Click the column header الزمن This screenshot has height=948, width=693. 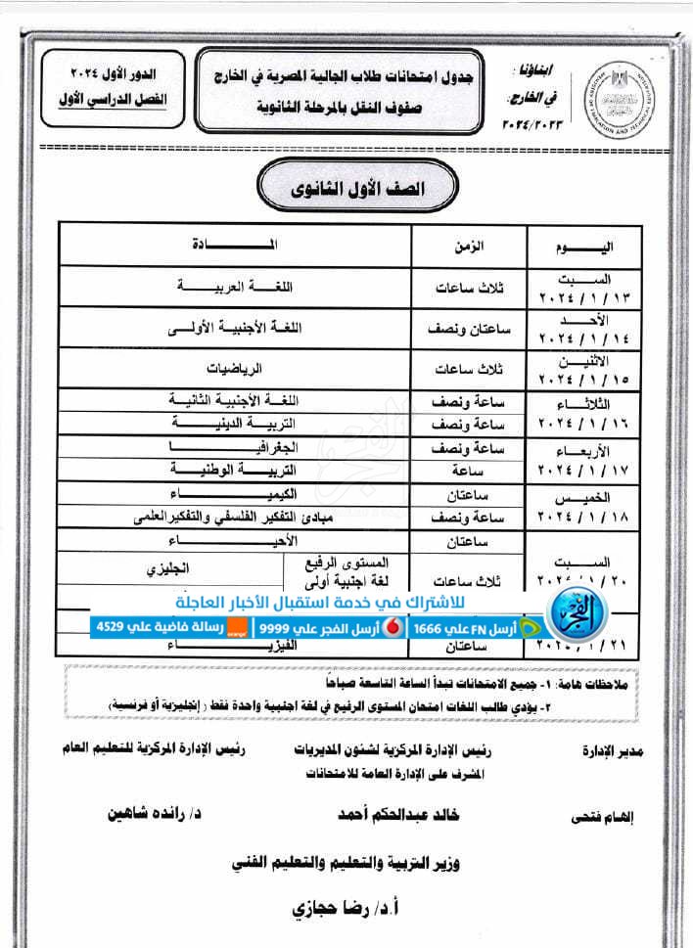click(471, 244)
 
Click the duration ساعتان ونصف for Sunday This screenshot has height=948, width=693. click(471, 330)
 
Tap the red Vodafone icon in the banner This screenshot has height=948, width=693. click(393, 627)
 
